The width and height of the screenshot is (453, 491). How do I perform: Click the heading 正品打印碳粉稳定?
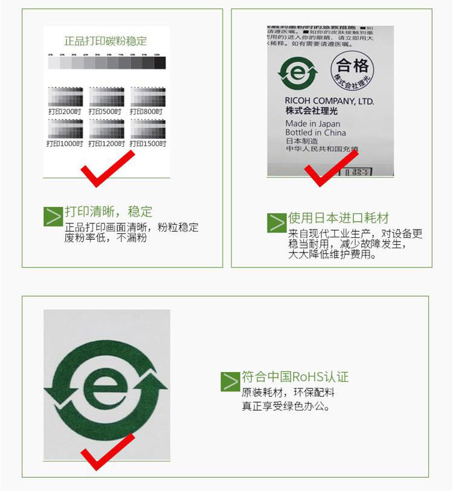106,41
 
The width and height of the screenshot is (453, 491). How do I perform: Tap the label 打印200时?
65,112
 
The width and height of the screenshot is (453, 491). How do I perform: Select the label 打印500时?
105,112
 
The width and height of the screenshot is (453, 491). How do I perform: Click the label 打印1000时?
64,144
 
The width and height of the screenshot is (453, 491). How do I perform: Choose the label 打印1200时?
106,144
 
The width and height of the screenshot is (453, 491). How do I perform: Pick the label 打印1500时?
148,144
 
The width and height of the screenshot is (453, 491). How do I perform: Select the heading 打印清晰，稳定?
109,211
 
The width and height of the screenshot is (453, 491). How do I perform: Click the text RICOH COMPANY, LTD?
329,101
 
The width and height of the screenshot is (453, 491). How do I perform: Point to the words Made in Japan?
313,123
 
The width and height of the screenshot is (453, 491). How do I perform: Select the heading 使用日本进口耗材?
338,218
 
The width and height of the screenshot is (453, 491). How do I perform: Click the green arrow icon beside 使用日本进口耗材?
277,222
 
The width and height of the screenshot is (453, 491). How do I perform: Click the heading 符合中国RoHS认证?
295,377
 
